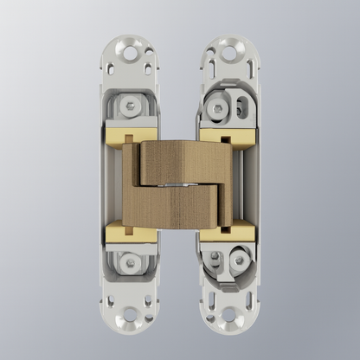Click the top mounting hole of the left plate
tap(130, 53)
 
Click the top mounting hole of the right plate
tap(230, 53)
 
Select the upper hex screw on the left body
tap(130, 106)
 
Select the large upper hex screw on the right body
tap(218, 108)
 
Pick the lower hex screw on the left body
tap(130, 260)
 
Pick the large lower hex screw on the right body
tap(238, 259)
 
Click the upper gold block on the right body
tap(227, 136)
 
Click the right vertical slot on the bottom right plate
tap(249, 301)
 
